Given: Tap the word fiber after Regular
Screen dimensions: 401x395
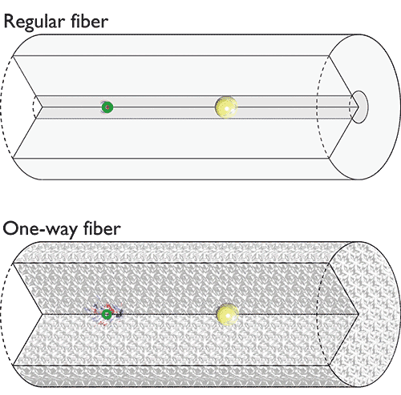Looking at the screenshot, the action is [90, 21].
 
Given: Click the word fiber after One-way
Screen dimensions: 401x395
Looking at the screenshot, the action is [102, 228].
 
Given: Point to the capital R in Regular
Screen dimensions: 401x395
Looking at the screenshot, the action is [10, 22].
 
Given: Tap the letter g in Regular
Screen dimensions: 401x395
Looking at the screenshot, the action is [33, 24].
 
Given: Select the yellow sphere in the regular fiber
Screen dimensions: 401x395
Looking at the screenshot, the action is [226, 107].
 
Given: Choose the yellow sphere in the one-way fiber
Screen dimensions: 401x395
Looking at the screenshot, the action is [227, 314].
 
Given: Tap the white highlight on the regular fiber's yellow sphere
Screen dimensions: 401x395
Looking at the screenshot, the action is [227, 108].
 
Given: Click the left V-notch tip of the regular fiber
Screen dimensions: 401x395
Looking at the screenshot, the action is [43, 107].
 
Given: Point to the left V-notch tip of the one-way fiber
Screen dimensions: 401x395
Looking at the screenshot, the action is [43, 314].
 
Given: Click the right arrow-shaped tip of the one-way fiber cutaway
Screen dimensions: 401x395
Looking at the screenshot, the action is [358, 314].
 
